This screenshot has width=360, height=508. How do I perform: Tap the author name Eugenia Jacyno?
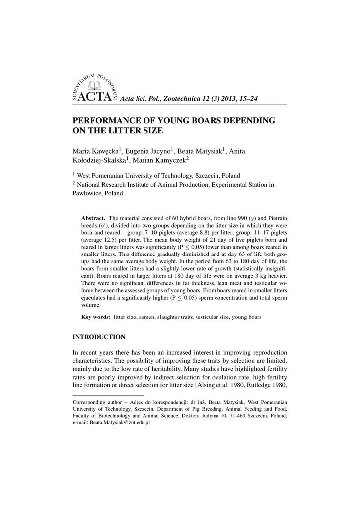point(147,151)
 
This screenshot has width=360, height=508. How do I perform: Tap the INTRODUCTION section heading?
point(99,337)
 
